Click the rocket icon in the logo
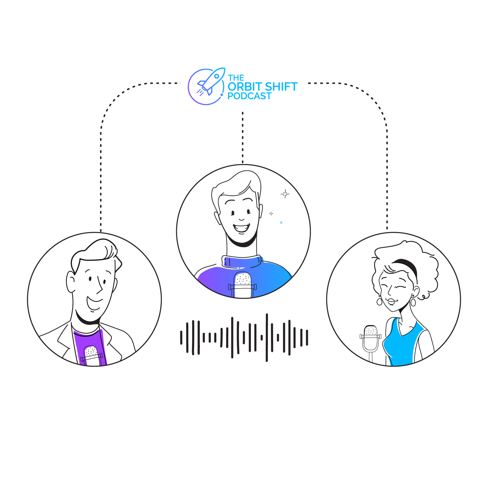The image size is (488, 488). [210, 81]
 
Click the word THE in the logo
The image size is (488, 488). [236, 78]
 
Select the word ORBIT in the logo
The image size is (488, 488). [246, 87]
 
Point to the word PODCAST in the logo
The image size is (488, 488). [249, 96]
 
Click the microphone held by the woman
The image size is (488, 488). [371, 338]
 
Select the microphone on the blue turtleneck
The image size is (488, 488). [243, 285]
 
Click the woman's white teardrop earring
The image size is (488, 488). [413, 302]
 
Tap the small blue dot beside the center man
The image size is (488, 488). [281, 223]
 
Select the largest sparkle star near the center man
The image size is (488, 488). [285, 194]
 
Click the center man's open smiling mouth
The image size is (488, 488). [241, 228]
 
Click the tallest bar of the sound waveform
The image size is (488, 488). [267, 337]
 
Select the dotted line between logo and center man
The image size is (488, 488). [243, 136]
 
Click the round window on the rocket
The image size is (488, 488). [216, 76]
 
